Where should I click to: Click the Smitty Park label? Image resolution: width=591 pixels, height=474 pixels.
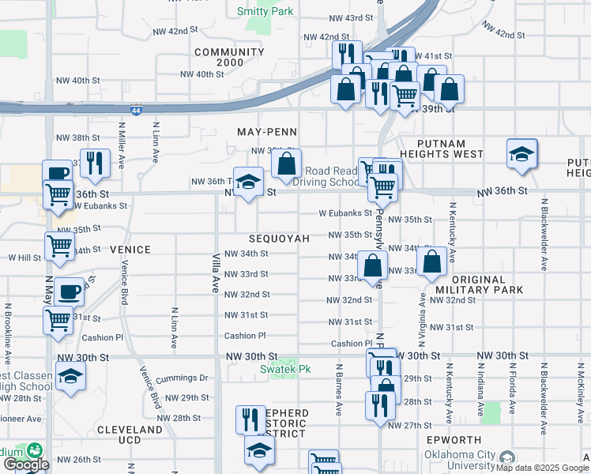265,11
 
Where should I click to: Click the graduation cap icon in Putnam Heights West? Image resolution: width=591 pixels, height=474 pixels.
521,154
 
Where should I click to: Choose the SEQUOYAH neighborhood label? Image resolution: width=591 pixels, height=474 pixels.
273,238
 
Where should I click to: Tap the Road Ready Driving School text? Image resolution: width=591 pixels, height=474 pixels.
331,176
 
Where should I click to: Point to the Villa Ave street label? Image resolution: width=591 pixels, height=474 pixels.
215,274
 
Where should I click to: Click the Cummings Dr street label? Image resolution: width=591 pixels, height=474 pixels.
182,378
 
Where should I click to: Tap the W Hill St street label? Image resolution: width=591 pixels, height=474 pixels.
24,258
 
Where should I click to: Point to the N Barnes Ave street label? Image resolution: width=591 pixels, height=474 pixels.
339,390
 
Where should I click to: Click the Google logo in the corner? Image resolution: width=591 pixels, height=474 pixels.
26,465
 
